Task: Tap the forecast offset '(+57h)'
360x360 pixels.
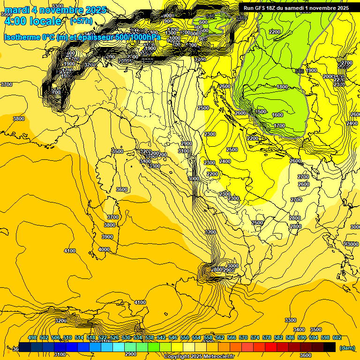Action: (81, 21)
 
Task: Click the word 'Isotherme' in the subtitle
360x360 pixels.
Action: (22, 37)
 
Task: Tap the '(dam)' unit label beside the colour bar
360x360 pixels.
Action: (347, 348)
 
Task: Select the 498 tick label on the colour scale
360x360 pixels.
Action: (32, 338)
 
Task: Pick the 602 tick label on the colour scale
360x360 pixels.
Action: (337, 338)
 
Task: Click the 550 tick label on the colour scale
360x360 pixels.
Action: (185, 338)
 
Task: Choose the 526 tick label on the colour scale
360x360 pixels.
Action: (114, 338)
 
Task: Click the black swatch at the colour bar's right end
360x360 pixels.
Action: (330, 347)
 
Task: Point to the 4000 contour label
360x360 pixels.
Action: (104, 249)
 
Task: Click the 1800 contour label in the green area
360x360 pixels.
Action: (282, 87)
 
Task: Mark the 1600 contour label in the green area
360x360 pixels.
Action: (277, 115)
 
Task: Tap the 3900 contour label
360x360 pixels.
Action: (108, 237)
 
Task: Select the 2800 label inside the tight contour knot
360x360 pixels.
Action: (216, 270)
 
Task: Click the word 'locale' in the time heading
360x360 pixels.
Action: (45, 21)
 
